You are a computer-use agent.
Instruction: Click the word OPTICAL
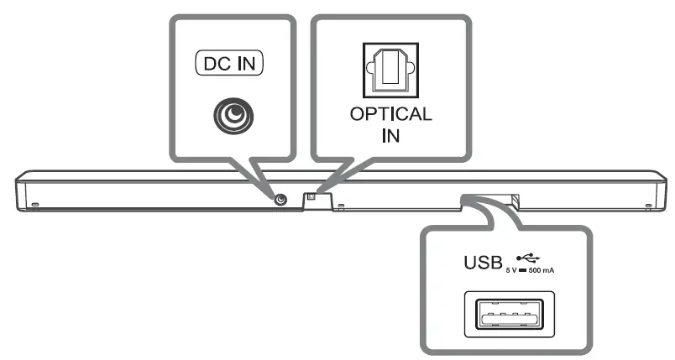coord(390,114)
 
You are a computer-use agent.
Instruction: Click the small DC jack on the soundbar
coord(280,199)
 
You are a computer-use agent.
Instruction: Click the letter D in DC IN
coord(207,62)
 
